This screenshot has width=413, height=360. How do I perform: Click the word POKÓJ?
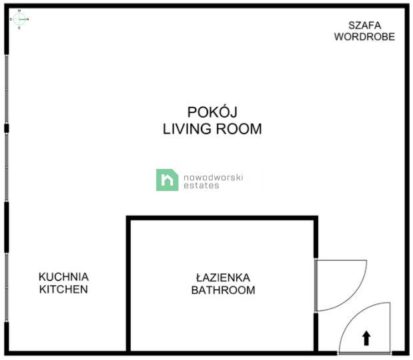pos(212,112)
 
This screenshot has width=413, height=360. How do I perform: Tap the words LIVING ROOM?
pos(212,129)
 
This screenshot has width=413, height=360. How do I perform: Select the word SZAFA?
pos(364,25)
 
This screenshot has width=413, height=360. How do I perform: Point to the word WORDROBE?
pos(364,37)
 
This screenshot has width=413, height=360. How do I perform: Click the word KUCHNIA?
pos(63,277)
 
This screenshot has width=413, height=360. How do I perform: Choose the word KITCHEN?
pos(63,289)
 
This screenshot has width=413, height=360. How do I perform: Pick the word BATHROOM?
pos(223,290)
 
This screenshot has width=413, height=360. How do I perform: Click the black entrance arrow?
pos(366,337)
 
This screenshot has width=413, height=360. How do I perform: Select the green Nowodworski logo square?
pos(167,180)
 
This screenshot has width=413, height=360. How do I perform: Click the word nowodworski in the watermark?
pos(214,176)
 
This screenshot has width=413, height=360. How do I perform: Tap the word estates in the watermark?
pos(201,185)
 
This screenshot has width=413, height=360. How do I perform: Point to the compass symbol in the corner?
pos(19,19)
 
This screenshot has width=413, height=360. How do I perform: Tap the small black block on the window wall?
pos(6,128)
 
